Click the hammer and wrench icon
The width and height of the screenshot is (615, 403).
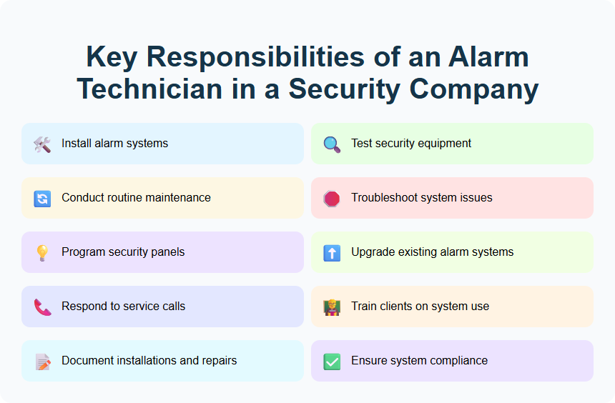[x=42, y=144]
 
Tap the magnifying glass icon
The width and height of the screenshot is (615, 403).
[x=332, y=144]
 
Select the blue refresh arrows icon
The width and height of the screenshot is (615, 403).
[x=42, y=198]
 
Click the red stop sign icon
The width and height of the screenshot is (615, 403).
[x=332, y=198]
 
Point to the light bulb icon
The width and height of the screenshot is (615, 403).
[x=42, y=252]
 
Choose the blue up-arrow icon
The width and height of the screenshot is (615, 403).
[x=332, y=252]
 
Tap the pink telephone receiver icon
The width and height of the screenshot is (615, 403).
[x=42, y=307]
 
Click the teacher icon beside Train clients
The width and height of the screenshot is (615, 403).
[x=332, y=307]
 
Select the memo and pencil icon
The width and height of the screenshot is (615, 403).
[x=42, y=361]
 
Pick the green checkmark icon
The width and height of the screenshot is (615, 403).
[x=332, y=361]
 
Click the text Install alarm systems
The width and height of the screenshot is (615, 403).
[x=114, y=144]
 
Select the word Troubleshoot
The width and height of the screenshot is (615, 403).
[x=385, y=198]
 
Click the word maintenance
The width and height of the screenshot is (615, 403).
[x=177, y=198]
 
